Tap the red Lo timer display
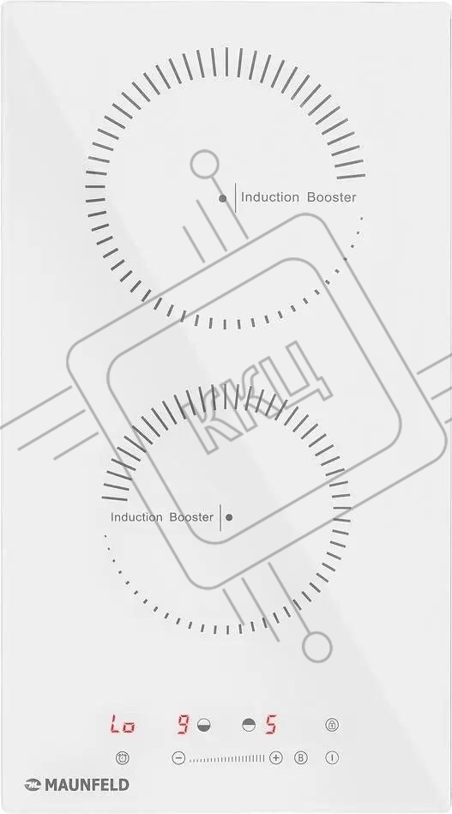(x=123, y=724)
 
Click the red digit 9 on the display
(x=183, y=724)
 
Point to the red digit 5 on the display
(x=270, y=724)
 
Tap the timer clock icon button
(x=123, y=758)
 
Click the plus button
(x=275, y=758)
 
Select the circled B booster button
(x=301, y=758)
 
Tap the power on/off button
(x=332, y=758)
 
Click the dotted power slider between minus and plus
(x=226, y=758)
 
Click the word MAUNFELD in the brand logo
(x=87, y=785)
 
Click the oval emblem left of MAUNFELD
(x=33, y=785)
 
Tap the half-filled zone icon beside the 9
(x=204, y=724)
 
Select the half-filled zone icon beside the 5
(x=249, y=724)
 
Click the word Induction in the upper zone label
(x=270, y=197)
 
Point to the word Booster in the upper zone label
(x=332, y=197)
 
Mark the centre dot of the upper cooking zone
(x=223, y=198)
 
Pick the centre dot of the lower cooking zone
(x=229, y=517)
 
